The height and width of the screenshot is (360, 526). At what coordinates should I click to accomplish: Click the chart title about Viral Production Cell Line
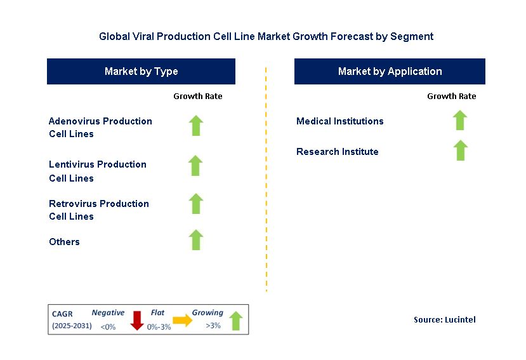266,36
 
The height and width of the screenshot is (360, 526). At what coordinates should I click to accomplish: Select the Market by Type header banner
141,71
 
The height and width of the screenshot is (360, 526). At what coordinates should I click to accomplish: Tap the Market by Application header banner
390,71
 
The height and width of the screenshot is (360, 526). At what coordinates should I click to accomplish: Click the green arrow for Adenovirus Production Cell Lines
195,126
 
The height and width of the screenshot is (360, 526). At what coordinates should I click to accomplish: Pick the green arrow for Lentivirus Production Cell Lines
195,166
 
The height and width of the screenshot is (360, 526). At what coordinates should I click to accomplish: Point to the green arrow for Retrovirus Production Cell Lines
195,204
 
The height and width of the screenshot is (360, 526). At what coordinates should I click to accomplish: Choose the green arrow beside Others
195,240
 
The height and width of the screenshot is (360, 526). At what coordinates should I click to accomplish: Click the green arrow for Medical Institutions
460,120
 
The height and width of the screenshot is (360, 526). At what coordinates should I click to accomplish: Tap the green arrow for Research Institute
460,150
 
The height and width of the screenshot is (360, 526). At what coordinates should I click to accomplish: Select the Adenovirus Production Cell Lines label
100,127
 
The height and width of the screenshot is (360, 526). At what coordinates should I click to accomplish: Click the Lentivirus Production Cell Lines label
98,171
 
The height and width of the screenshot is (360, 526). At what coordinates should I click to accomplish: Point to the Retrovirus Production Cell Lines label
99,210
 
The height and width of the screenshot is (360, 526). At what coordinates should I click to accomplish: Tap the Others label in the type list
64,242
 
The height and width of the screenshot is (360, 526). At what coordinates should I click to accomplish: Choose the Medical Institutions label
339,121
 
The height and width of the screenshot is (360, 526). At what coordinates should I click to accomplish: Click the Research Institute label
337,152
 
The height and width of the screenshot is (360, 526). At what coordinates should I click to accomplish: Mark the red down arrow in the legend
136,320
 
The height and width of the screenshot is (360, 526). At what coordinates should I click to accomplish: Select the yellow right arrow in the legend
182,321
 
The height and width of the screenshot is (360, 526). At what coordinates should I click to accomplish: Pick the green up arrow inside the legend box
235,321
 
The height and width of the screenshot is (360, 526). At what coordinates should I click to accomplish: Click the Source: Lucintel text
444,319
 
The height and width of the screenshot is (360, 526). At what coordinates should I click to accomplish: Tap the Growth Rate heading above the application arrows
451,97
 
